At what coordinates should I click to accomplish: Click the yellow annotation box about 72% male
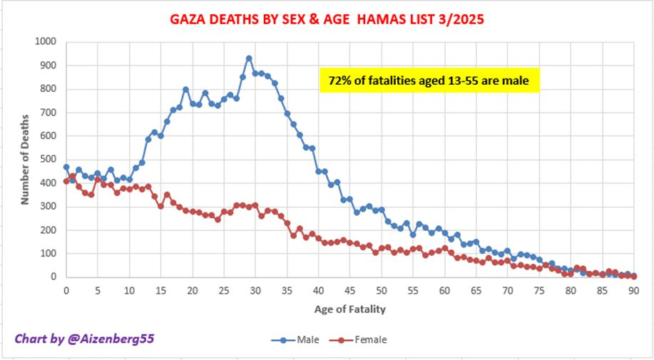(428, 81)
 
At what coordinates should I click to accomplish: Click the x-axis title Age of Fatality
(350, 309)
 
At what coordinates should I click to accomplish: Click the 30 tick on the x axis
(255, 291)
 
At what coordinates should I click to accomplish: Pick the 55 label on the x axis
(413, 291)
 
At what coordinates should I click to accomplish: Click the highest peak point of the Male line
(249, 58)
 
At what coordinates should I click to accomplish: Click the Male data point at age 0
(66, 167)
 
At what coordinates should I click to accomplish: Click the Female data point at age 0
(66, 181)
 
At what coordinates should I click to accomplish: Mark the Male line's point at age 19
(185, 89)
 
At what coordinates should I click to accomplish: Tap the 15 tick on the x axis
(160, 291)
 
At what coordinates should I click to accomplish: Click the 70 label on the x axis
(507, 291)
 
